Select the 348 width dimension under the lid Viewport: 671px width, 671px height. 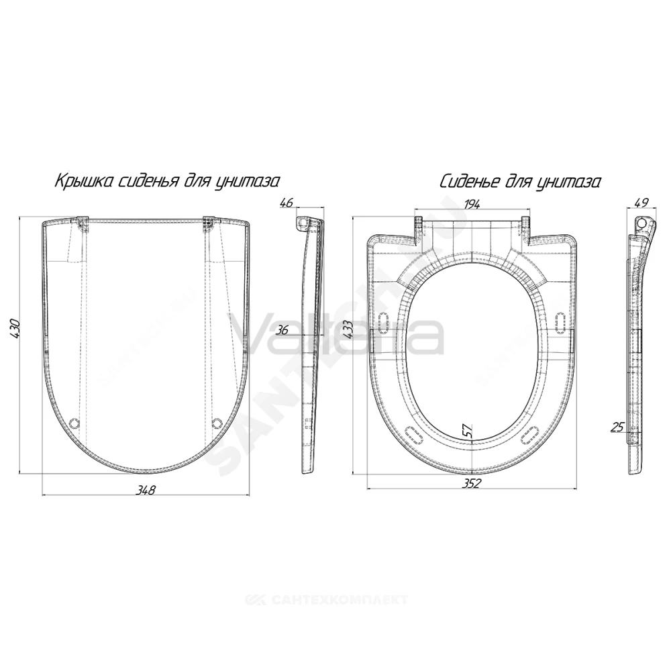(145, 490)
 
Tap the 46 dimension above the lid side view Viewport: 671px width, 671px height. (287, 203)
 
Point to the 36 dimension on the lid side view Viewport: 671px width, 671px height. (283, 330)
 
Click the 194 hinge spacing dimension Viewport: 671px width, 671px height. (471, 204)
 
